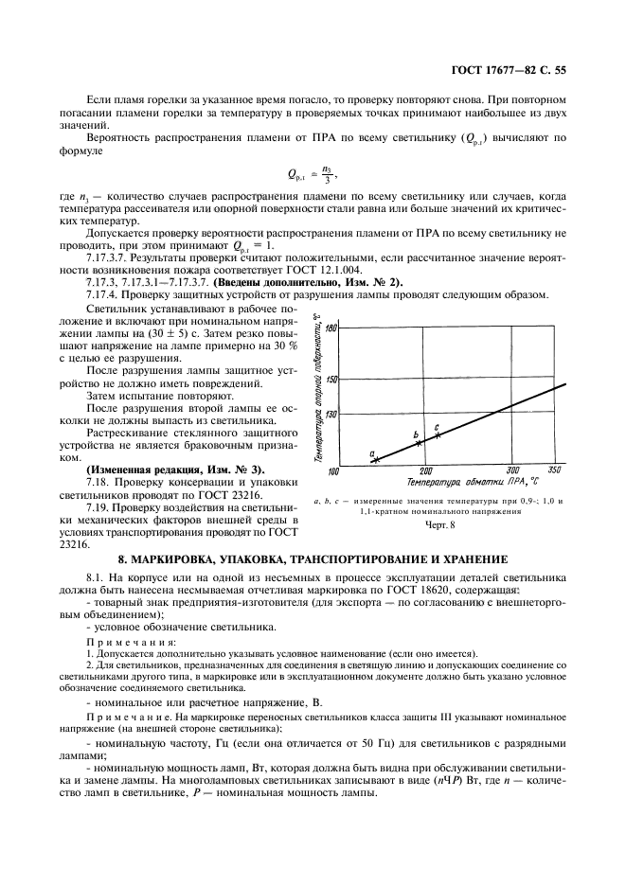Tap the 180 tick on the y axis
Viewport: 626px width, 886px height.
pyautogui.click(x=331, y=327)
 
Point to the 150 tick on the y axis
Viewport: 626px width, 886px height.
pyautogui.click(x=331, y=380)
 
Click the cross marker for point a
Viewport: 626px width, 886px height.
pyautogui.click(x=375, y=460)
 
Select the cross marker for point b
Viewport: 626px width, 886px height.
pyautogui.click(x=420, y=442)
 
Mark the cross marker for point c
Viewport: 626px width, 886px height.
pyautogui.click(x=438, y=434)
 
